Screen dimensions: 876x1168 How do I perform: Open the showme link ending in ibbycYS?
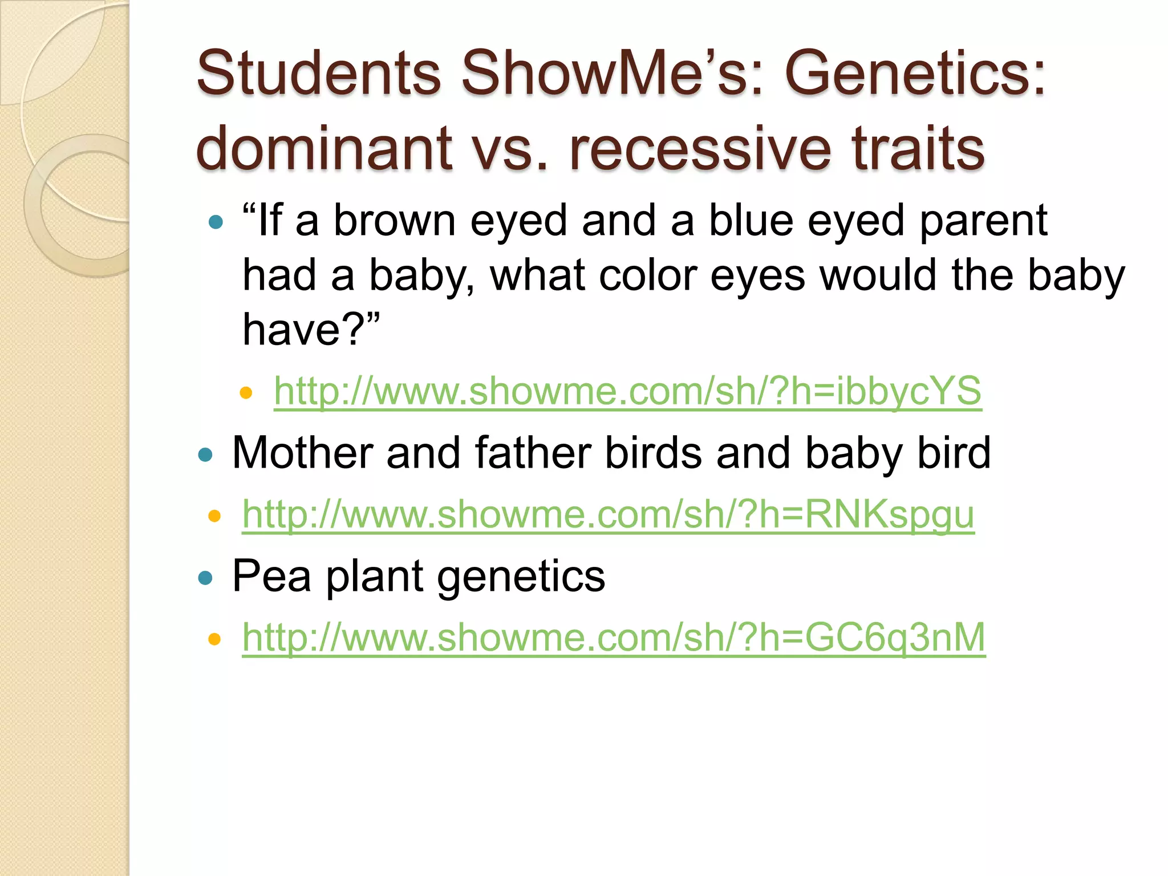pyautogui.click(x=627, y=391)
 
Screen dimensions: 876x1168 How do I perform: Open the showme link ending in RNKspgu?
pyautogui.click(x=608, y=514)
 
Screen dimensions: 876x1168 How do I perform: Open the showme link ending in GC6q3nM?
pyautogui.click(x=614, y=638)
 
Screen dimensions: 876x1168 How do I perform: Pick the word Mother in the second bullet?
pyautogui.click(x=302, y=453)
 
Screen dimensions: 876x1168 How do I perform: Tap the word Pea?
pyautogui.click(x=271, y=576)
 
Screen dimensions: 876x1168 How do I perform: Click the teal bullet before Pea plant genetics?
pyautogui.click(x=205, y=578)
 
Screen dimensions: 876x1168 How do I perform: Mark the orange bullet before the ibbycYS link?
pyautogui.click(x=246, y=392)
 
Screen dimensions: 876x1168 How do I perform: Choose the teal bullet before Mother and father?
pyautogui.click(x=205, y=455)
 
